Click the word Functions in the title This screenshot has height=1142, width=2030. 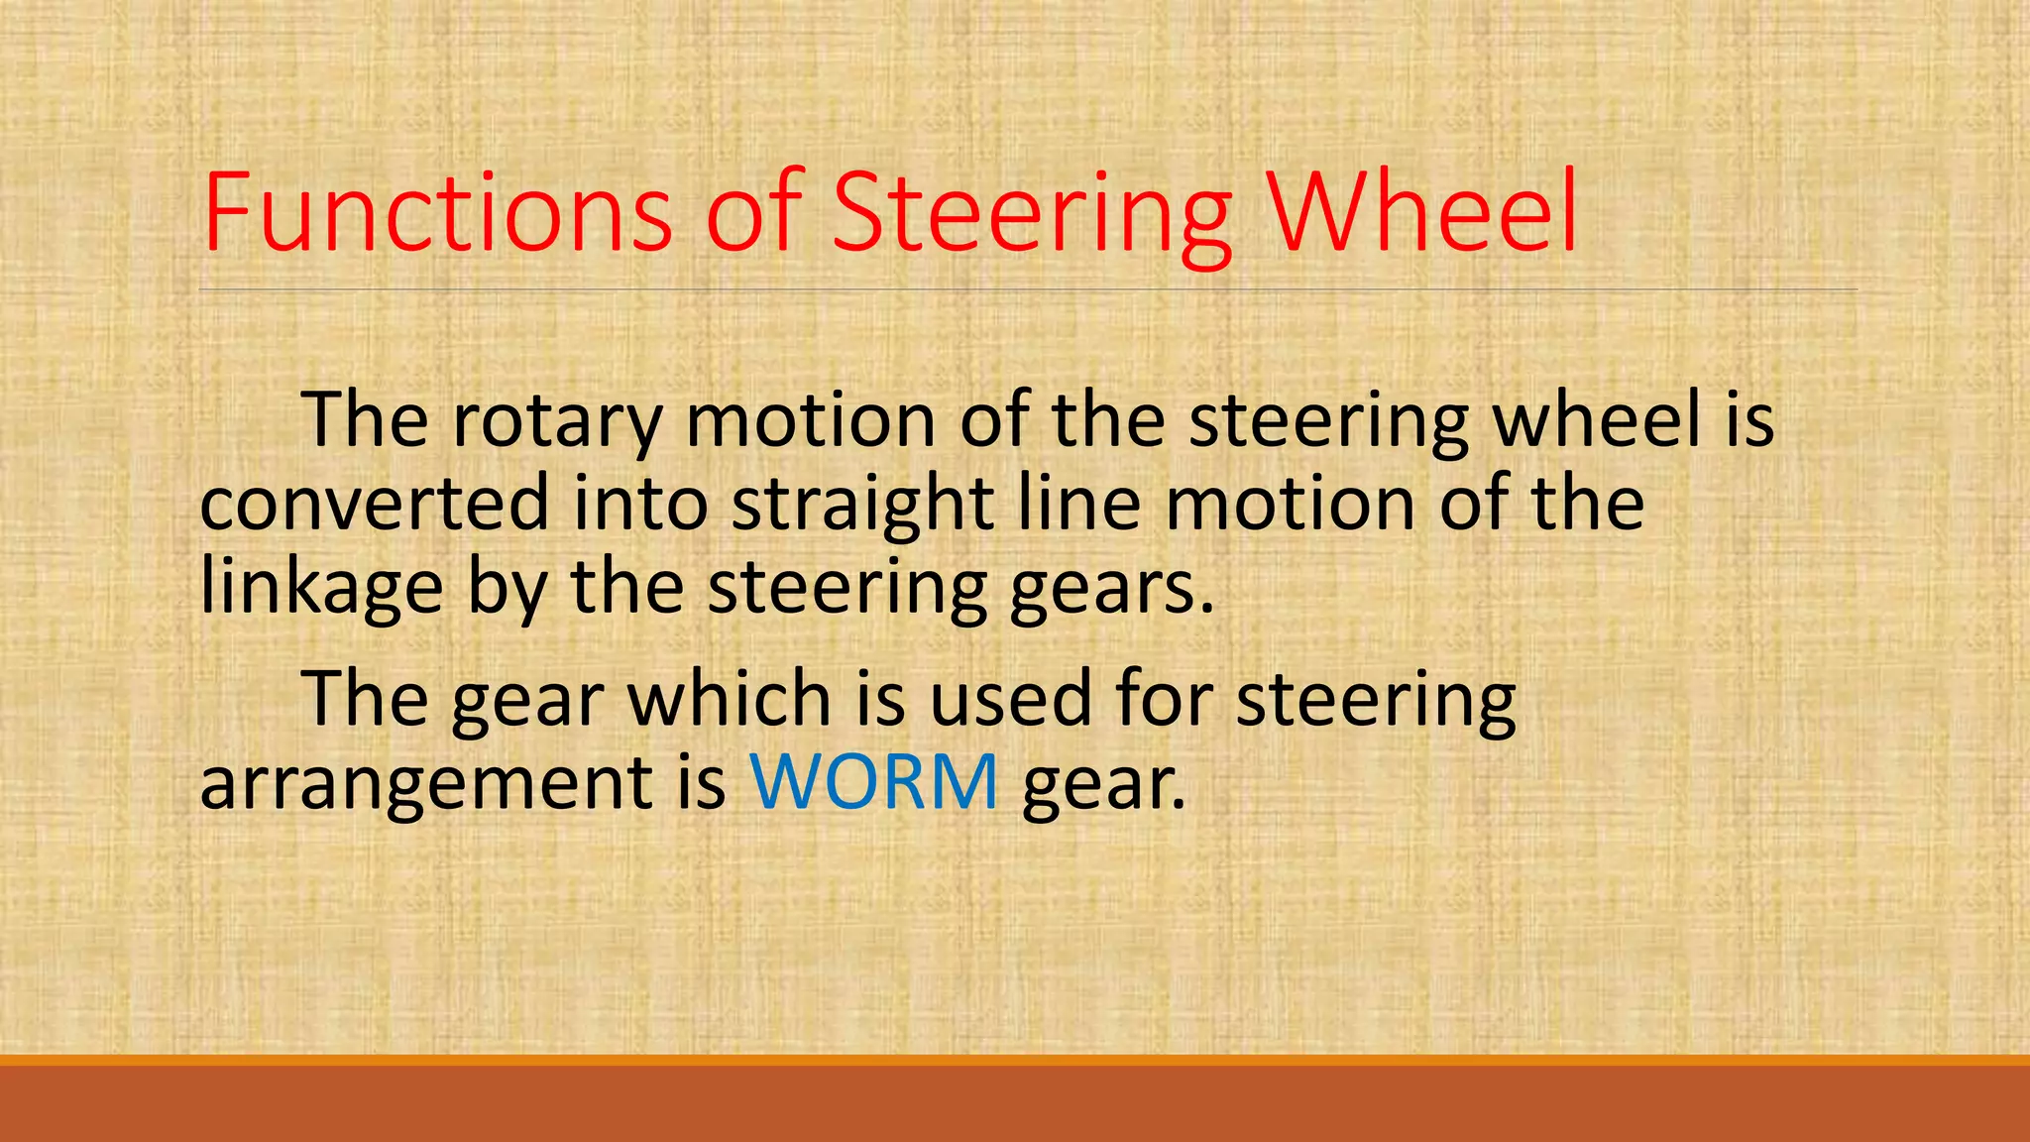437,212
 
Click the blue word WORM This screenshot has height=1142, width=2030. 873,782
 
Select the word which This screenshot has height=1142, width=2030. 730,699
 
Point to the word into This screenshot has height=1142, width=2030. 640,504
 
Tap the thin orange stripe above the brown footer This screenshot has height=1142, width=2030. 1015,1060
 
